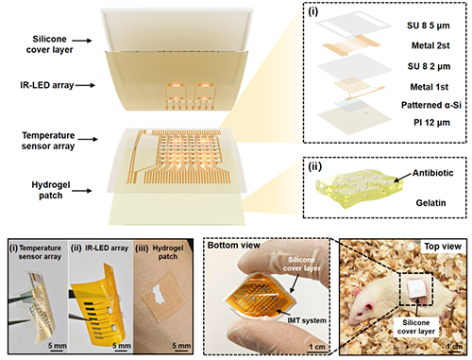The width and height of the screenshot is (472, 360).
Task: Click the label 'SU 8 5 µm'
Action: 429,26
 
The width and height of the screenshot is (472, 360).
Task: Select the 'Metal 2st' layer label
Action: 430,45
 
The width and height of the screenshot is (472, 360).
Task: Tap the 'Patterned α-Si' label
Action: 431,105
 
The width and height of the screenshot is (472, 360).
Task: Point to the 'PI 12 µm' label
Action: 431,123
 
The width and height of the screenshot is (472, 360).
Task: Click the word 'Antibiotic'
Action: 433,173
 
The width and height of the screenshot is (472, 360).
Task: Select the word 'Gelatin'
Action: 430,203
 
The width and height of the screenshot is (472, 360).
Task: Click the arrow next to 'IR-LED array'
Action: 85,85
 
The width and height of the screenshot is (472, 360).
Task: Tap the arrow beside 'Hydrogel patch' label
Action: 82,190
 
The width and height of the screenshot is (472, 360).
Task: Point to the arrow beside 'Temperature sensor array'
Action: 88,139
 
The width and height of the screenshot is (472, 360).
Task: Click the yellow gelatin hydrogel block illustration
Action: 360,190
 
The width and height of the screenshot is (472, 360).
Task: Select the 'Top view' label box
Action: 443,247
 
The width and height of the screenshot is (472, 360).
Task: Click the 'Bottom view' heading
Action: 234,245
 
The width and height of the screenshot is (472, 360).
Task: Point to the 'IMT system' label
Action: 307,320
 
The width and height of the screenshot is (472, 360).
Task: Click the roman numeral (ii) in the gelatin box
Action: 315,166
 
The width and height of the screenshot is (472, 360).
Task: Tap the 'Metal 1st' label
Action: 430,87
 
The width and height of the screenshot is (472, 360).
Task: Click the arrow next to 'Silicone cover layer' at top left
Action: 82,41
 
